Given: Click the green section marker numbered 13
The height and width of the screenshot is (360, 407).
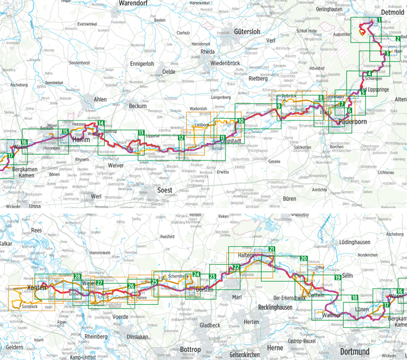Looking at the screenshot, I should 141,133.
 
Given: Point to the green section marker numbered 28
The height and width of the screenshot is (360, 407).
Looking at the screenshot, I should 77,276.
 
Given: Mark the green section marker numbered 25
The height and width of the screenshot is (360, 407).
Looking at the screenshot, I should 154,282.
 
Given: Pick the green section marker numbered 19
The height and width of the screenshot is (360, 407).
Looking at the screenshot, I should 337,278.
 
